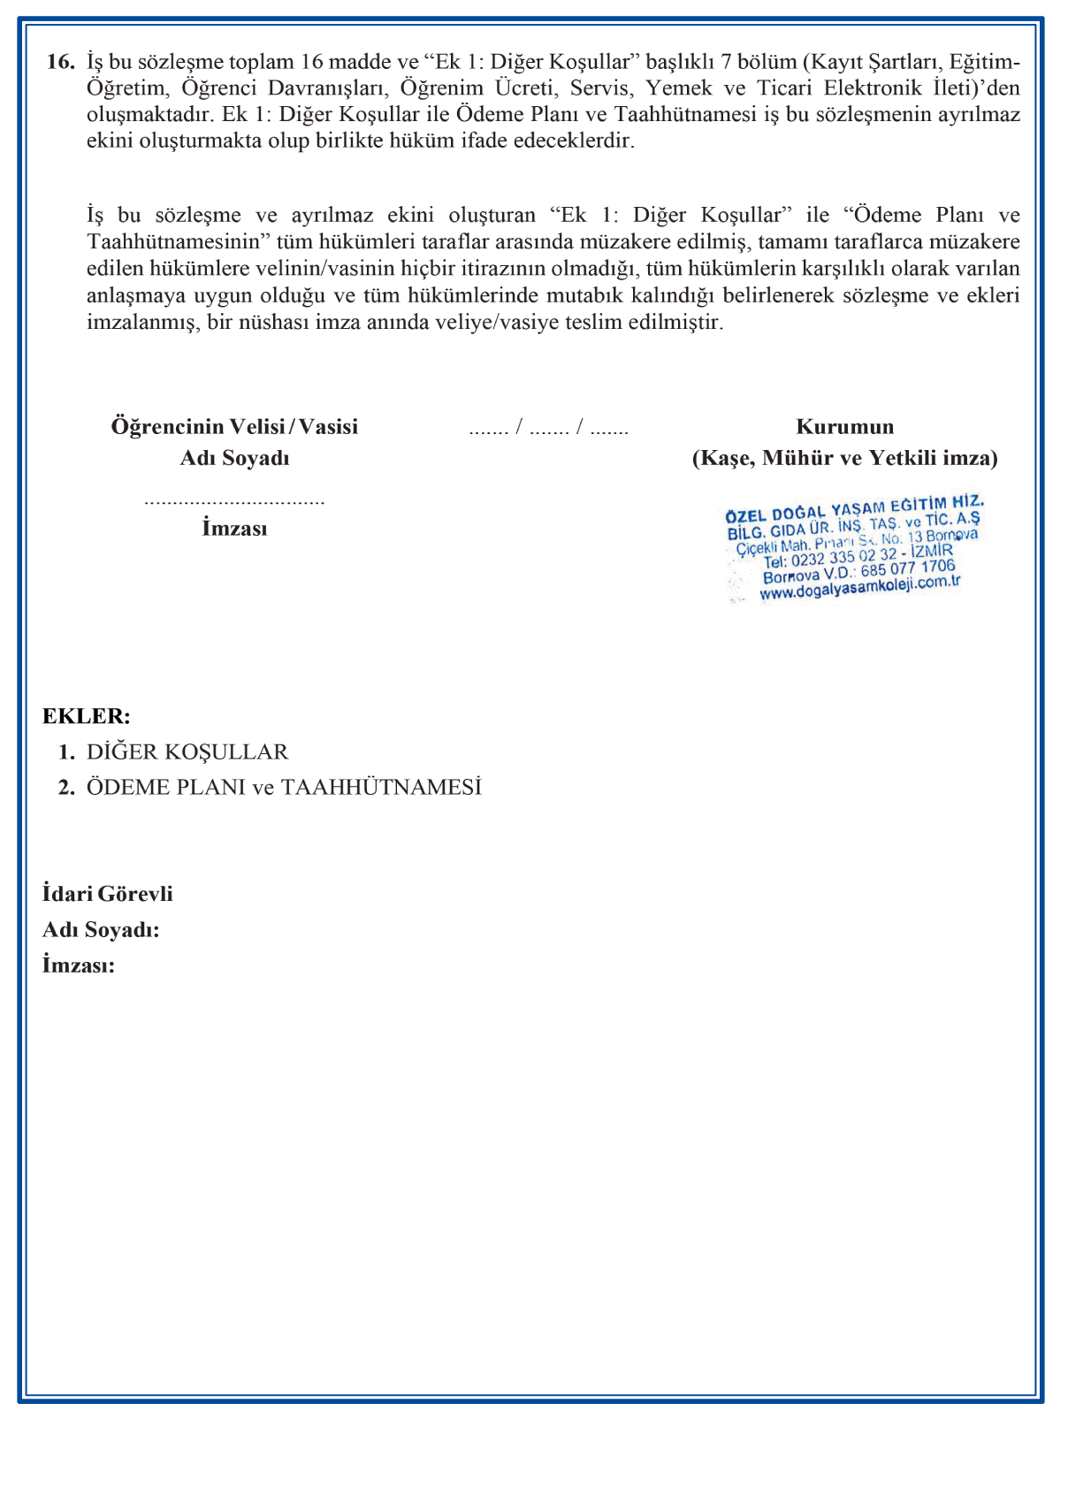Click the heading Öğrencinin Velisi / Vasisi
pos(234,426)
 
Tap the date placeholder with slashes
pos(548,429)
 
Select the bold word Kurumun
pos(844,426)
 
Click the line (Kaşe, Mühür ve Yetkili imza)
pos(844,458)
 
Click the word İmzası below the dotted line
pos(234,529)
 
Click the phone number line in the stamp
pos(858,557)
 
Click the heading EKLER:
pos(87,716)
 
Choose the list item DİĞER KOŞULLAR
pos(187,752)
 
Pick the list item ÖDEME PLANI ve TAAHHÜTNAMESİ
pos(284,788)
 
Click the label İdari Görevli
pos(108,894)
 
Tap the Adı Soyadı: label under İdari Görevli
pos(101,930)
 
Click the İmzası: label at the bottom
pos(79,965)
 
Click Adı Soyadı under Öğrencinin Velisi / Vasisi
pos(234,458)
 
